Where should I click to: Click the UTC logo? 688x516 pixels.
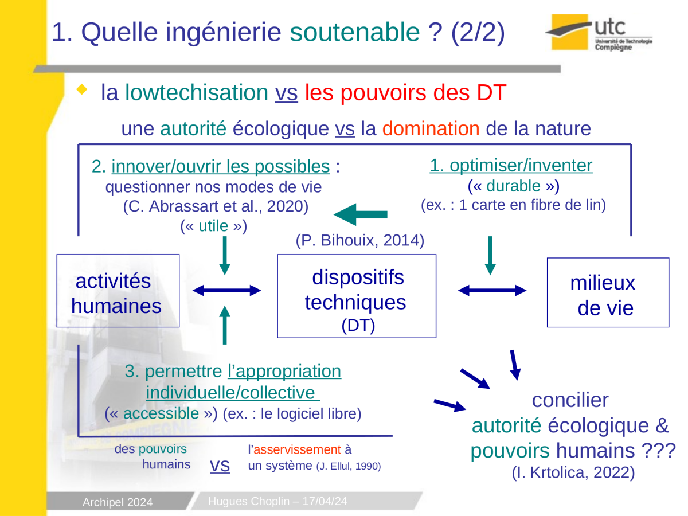pos(599,32)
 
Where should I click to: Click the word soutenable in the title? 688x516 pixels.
pos(354,32)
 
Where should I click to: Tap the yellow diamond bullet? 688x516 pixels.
pos(82,89)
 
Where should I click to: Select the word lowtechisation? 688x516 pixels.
pos(197,93)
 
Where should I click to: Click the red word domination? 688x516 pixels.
pos(431,128)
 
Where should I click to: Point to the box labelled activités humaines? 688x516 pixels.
pos(118,291)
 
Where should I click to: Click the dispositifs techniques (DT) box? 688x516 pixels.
pos(357,296)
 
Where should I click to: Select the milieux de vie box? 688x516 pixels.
pos(608,292)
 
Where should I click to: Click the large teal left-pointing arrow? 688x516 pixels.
pos(361,214)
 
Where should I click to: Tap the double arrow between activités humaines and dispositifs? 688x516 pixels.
pos(226,291)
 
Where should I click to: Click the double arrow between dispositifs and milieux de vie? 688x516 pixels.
pos(492,291)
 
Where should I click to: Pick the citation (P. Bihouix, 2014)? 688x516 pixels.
pos(360,240)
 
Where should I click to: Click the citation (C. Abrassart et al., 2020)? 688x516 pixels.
pos(216,206)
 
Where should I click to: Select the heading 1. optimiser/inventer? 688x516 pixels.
pos(511,166)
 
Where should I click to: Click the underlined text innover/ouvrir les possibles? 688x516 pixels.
pos(221,166)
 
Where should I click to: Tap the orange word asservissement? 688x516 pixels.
pos(297,449)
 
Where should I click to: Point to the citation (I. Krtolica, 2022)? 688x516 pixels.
pos(573,472)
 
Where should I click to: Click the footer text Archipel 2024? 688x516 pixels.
pos(118,502)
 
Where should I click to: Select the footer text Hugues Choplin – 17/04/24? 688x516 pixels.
pos(277,501)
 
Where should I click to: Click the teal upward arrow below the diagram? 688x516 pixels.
pos(225,325)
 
